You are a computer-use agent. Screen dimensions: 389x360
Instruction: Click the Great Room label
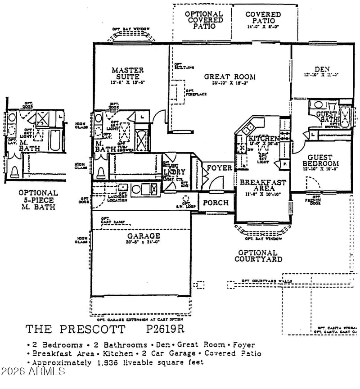coord(230,77)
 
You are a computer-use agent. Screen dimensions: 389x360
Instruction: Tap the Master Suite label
coord(127,73)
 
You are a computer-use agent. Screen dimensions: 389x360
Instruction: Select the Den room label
coord(322,69)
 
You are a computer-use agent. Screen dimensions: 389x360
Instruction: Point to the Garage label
coord(143,236)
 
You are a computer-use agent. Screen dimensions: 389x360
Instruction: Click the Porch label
coord(216,203)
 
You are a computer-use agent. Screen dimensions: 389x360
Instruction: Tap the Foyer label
coord(219,168)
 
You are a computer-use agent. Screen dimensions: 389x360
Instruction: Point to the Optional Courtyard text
coord(258,256)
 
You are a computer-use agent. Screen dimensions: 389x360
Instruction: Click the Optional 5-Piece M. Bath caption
coord(38,200)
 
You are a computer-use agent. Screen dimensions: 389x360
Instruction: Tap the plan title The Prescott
coord(75,329)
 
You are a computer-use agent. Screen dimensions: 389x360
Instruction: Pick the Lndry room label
coord(174,172)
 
